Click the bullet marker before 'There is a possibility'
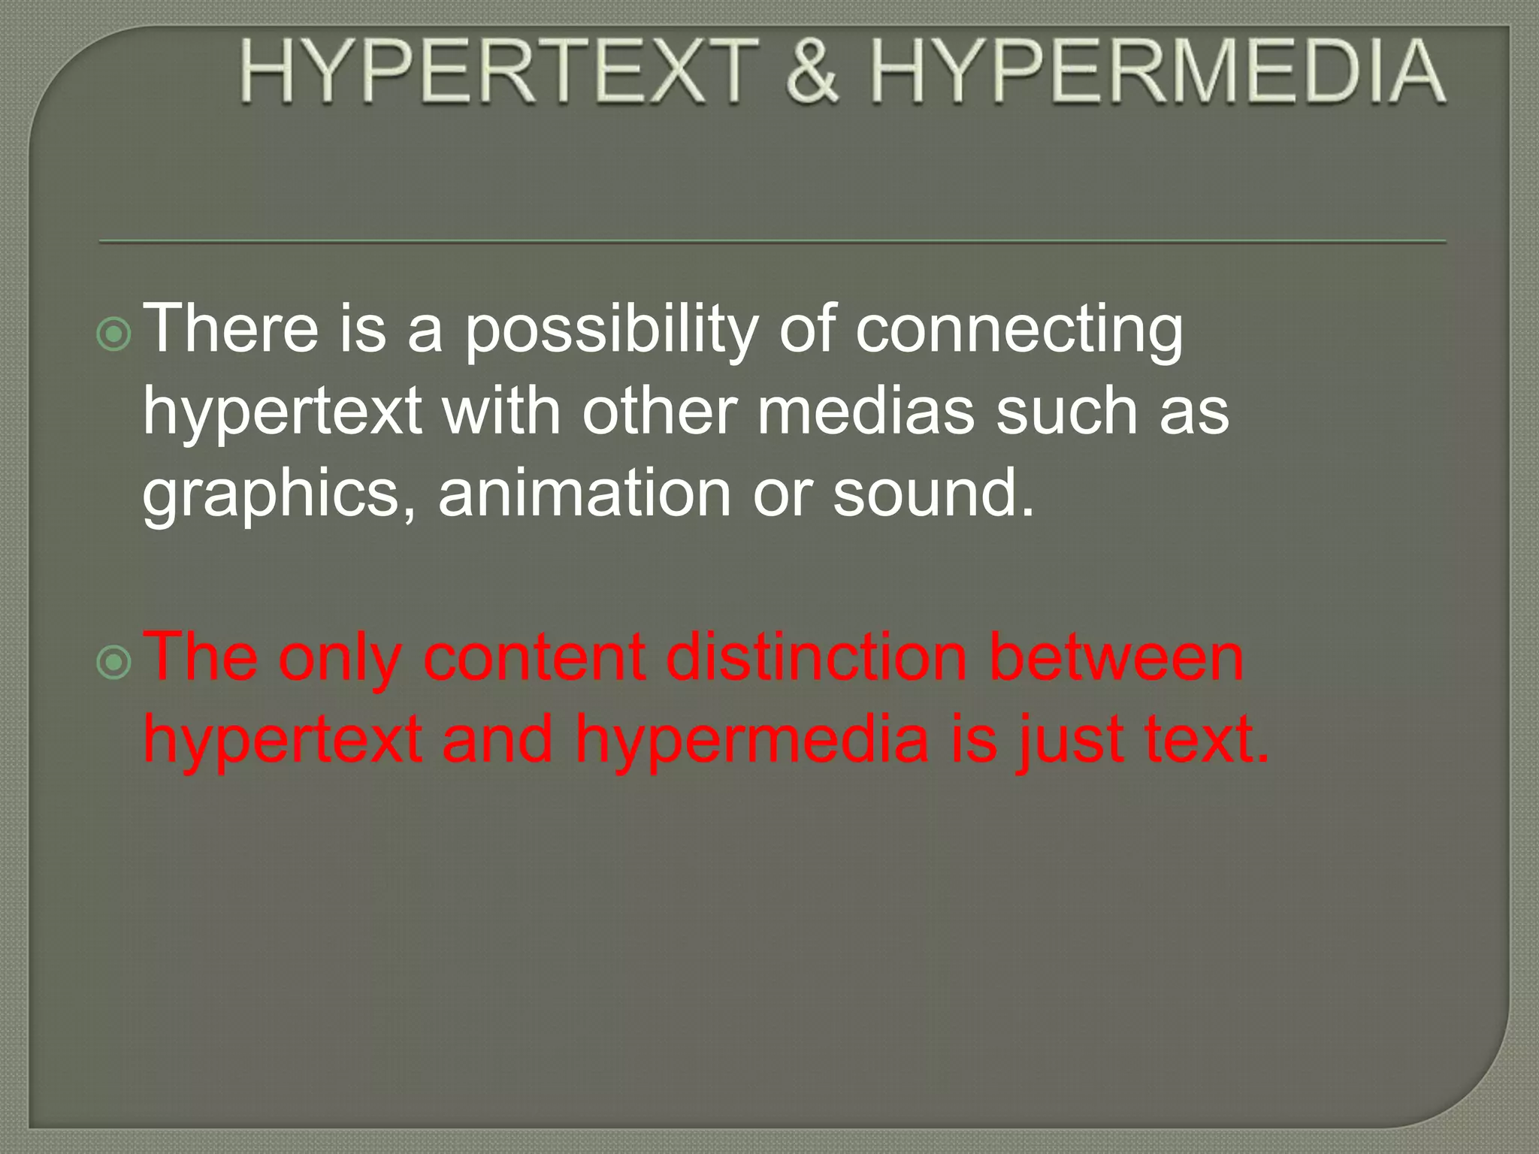click(x=114, y=335)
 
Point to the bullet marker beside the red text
click(x=114, y=662)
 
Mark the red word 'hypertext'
click(x=283, y=741)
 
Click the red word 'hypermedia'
click(x=752, y=741)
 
